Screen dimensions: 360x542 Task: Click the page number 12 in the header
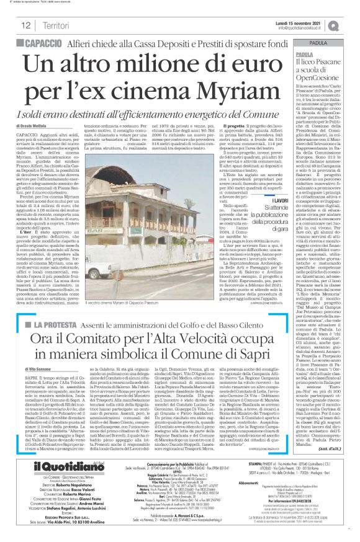(25, 25)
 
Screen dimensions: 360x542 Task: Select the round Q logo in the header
(351, 24)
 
